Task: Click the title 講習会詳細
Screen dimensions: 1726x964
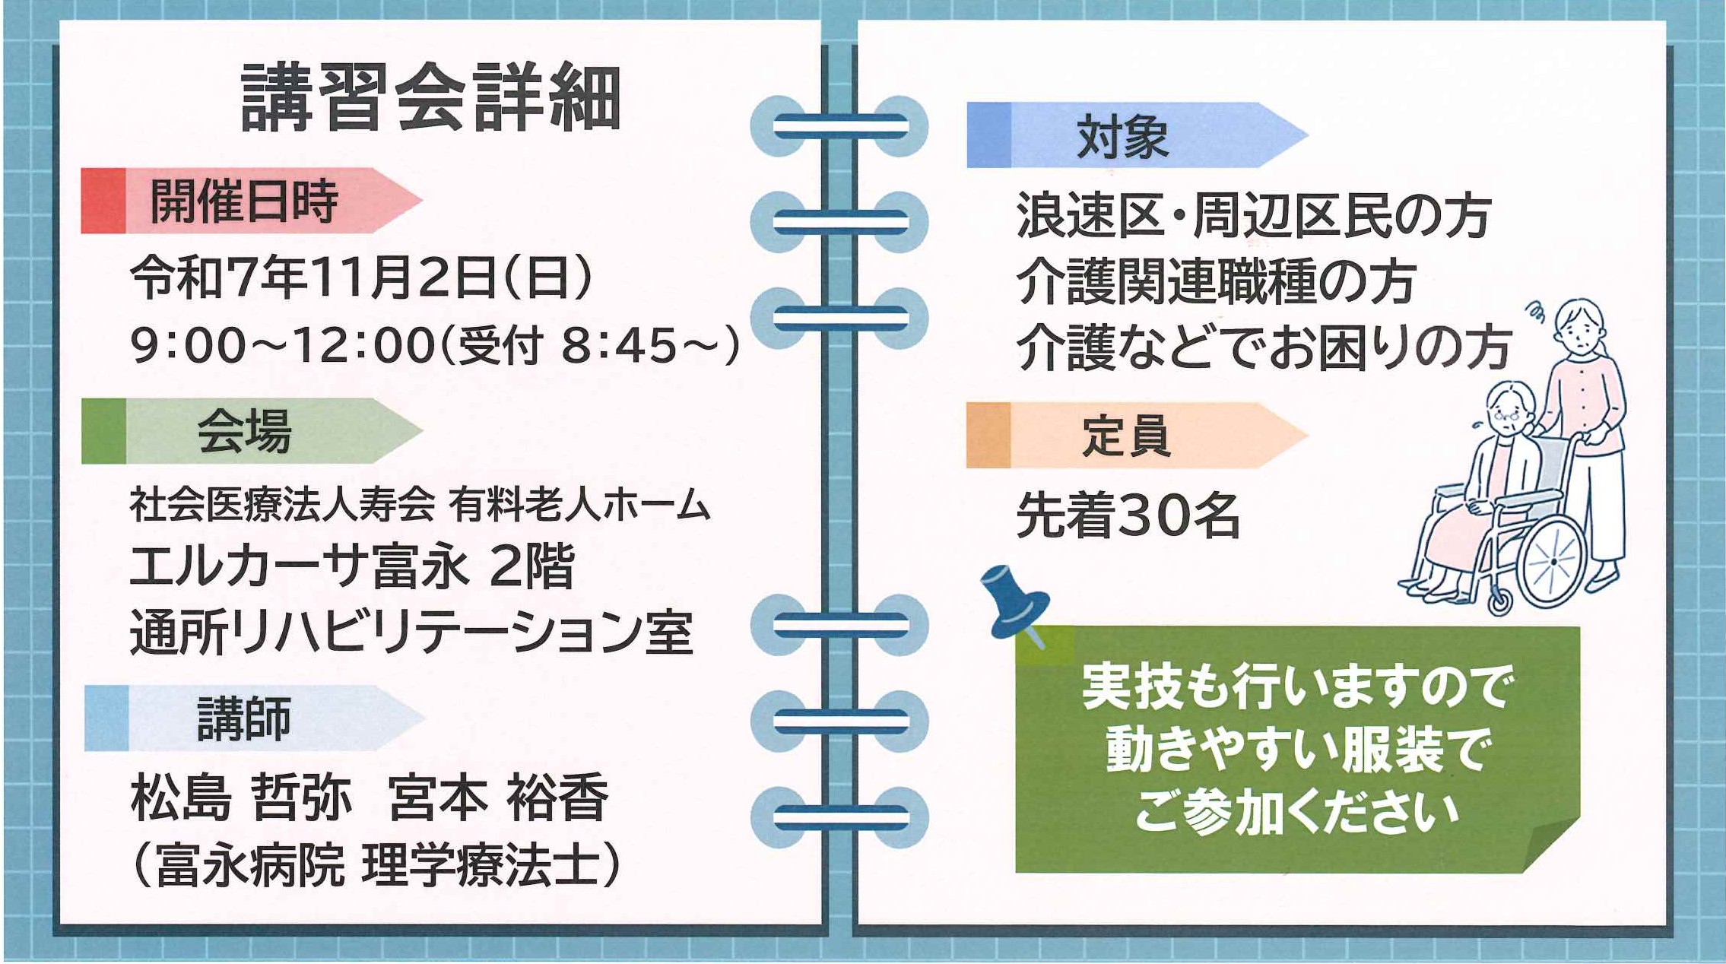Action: click(x=430, y=98)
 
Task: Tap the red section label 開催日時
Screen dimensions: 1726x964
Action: click(x=244, y=201)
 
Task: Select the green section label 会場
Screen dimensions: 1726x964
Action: click(x=244, y=431)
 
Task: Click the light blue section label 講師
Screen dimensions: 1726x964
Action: click(x=244, y=718)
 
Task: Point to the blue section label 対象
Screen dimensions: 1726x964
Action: click(x=1123, y=137)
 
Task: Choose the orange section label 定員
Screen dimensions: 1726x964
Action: click(x=1125, y=436)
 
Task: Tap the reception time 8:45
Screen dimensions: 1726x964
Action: click(x=618, y=345)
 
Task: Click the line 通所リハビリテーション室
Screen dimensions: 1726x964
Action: click(x=411, y=633)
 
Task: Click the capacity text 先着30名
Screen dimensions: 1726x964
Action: click(x=1128, y=515)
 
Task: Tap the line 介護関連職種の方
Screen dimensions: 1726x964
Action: click(x=1216, y=281)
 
